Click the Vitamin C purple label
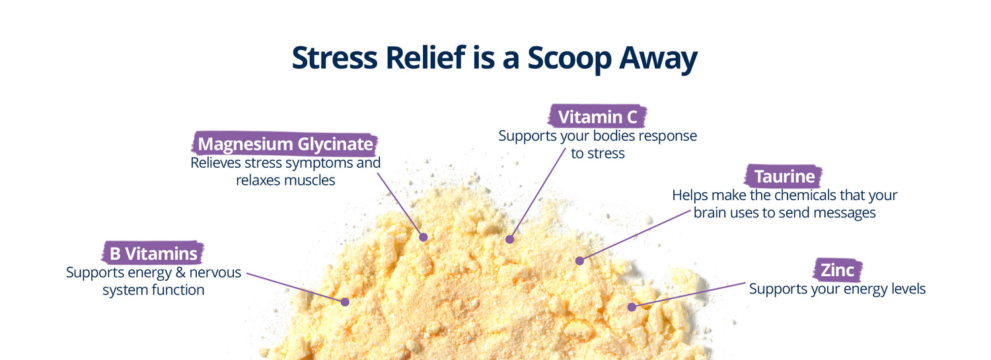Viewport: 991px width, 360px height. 597,117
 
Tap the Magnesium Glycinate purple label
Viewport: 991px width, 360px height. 285,144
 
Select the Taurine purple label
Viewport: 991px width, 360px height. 784,176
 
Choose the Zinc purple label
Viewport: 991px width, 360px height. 837,270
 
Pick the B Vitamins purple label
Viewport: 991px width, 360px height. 153,254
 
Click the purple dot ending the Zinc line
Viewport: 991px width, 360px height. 632,307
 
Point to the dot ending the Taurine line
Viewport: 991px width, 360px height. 579,261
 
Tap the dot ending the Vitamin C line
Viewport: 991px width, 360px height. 509,239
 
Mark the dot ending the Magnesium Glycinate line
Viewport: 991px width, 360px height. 423,237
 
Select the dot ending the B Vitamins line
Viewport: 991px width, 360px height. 345,302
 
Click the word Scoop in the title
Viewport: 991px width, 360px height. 569,59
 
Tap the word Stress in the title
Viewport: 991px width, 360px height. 334,57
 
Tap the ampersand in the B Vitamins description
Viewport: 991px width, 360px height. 180,272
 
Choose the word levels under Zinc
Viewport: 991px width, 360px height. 908,289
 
